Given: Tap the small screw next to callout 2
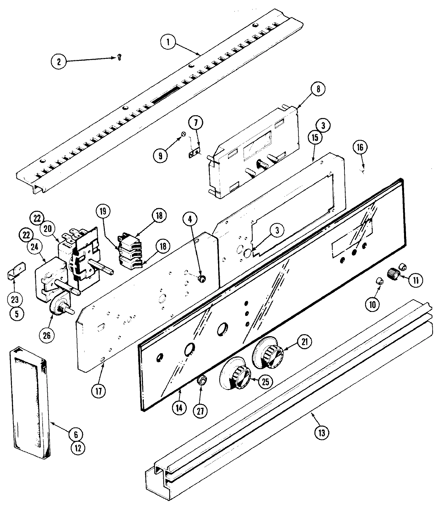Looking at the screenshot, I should pos(118,58).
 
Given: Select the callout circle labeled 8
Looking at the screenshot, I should pos(318,89).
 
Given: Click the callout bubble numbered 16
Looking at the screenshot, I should pos(360,147).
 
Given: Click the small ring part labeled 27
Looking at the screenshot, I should pos(202,381).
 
